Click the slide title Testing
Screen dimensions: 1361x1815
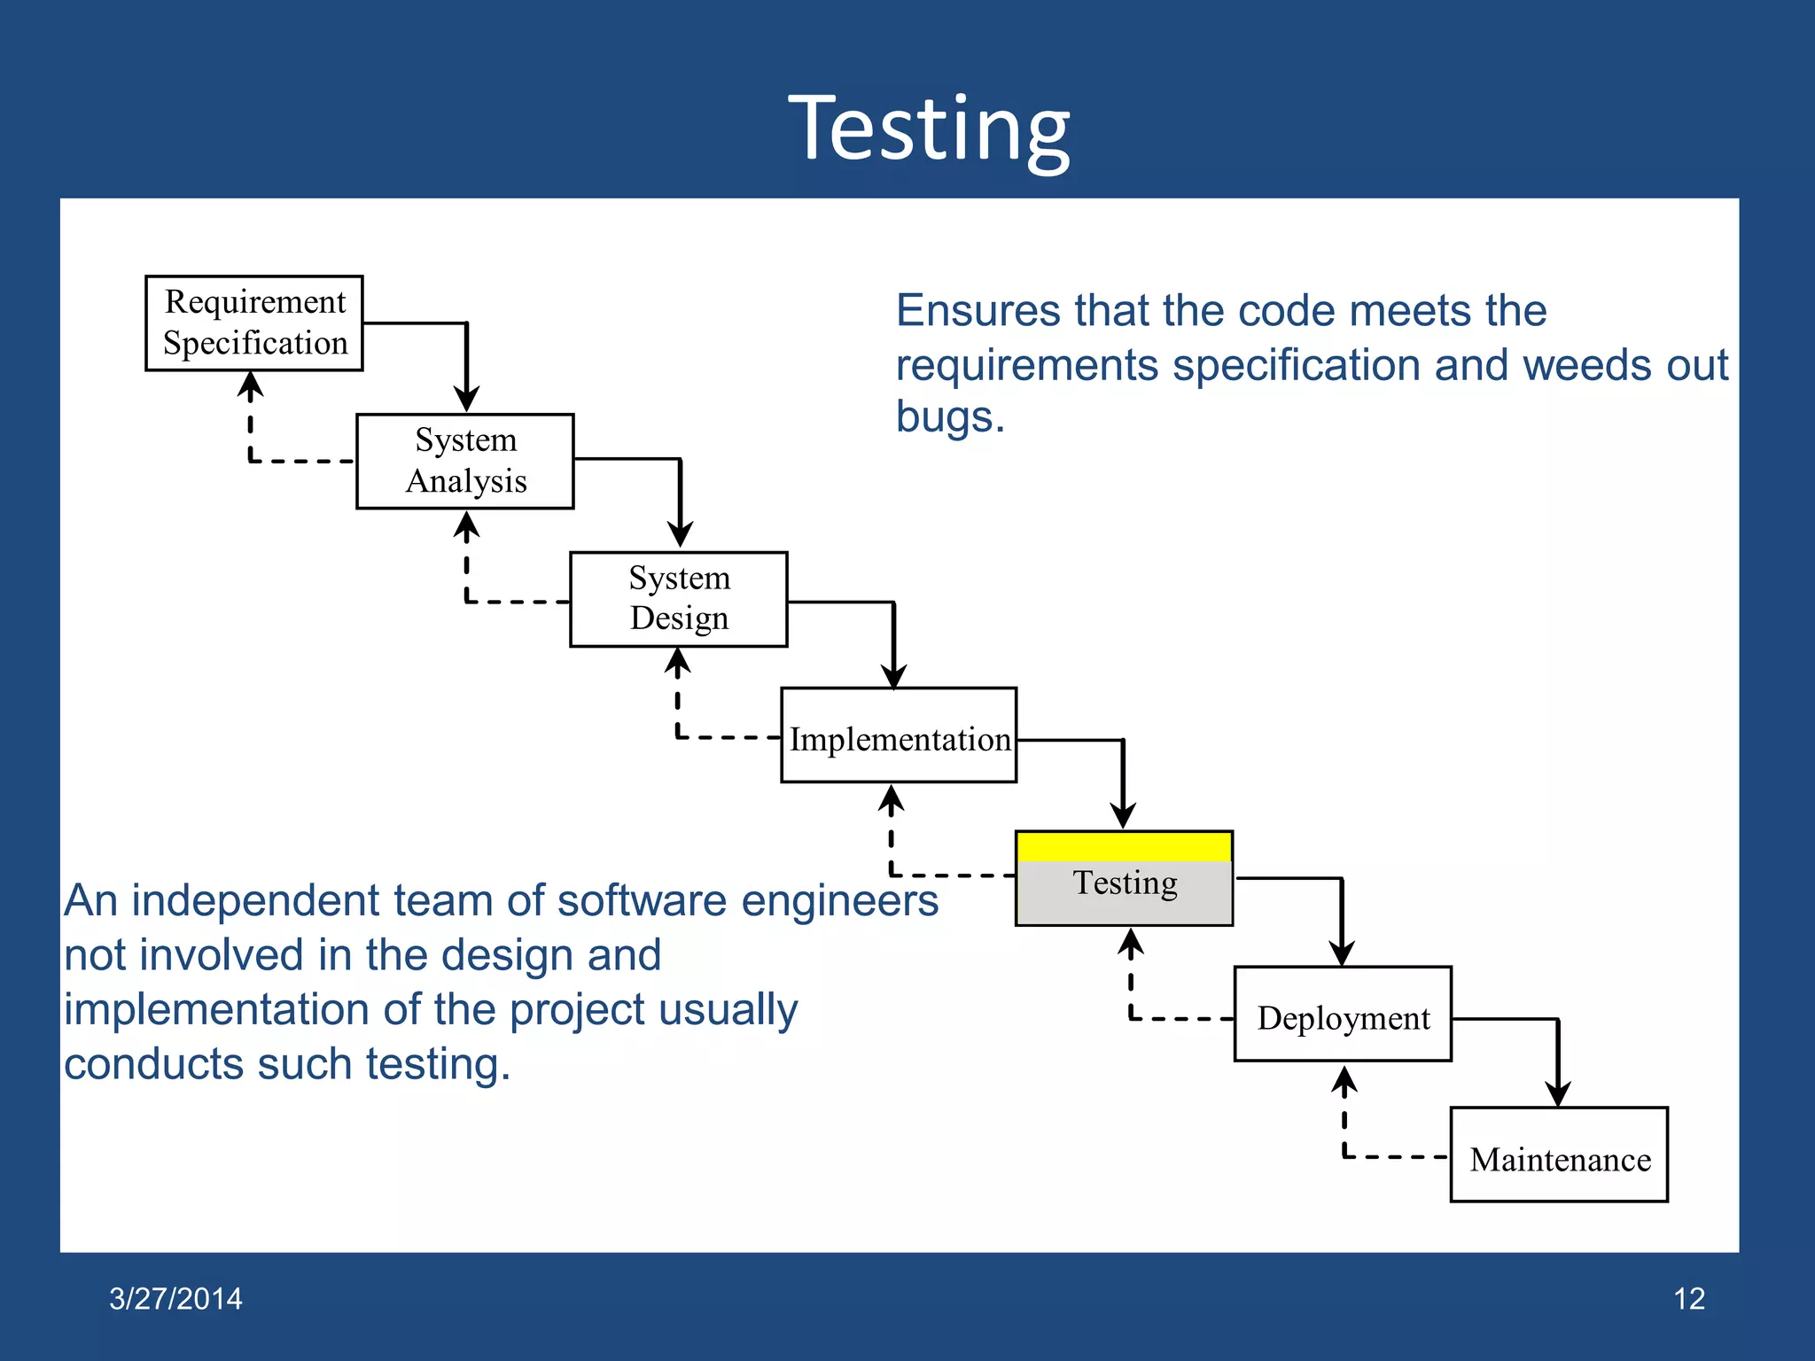[929, 130]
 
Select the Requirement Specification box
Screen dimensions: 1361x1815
[254, 323]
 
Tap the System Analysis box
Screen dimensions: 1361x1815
[465, 461]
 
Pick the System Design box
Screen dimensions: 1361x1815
[679, 599]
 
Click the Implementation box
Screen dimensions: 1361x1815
[899, 735]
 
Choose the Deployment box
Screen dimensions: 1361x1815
[1343, 1015]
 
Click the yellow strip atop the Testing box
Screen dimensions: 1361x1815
[1124, 846]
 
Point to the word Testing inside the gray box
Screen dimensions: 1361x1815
[1125, 883]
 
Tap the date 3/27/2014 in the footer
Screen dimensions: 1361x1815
[175, 1298]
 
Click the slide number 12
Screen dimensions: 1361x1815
[1688, 1298]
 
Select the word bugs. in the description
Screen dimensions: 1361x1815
[950, 416]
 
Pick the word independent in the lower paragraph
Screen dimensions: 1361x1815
[256, 901]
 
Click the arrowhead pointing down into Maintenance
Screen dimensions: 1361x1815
[1558, 1093]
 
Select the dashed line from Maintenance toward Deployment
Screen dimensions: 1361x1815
[1395, 1156]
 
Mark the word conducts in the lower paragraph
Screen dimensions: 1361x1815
[153, 1064]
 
